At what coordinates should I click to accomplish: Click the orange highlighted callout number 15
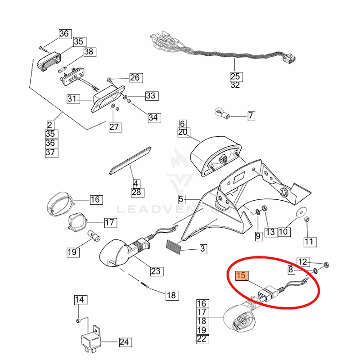(242, 276)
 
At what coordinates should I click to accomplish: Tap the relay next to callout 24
(90, 338)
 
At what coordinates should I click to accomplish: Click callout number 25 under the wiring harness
(235, 76)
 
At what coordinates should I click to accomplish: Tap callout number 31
(72, 99)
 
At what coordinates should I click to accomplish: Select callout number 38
(89, 52)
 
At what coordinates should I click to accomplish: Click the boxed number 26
(135, 78)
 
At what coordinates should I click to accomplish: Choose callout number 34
(153, 117)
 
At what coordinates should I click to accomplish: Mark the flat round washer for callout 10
(300, 211)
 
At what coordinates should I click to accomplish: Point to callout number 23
(156, 271)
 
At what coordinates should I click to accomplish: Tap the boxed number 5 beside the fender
(181, 198)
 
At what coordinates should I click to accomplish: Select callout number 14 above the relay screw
(79, 300)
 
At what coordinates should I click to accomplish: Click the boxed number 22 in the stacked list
(202, 339)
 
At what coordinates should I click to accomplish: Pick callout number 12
(303, 261)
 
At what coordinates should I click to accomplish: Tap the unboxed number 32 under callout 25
(235, 85)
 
